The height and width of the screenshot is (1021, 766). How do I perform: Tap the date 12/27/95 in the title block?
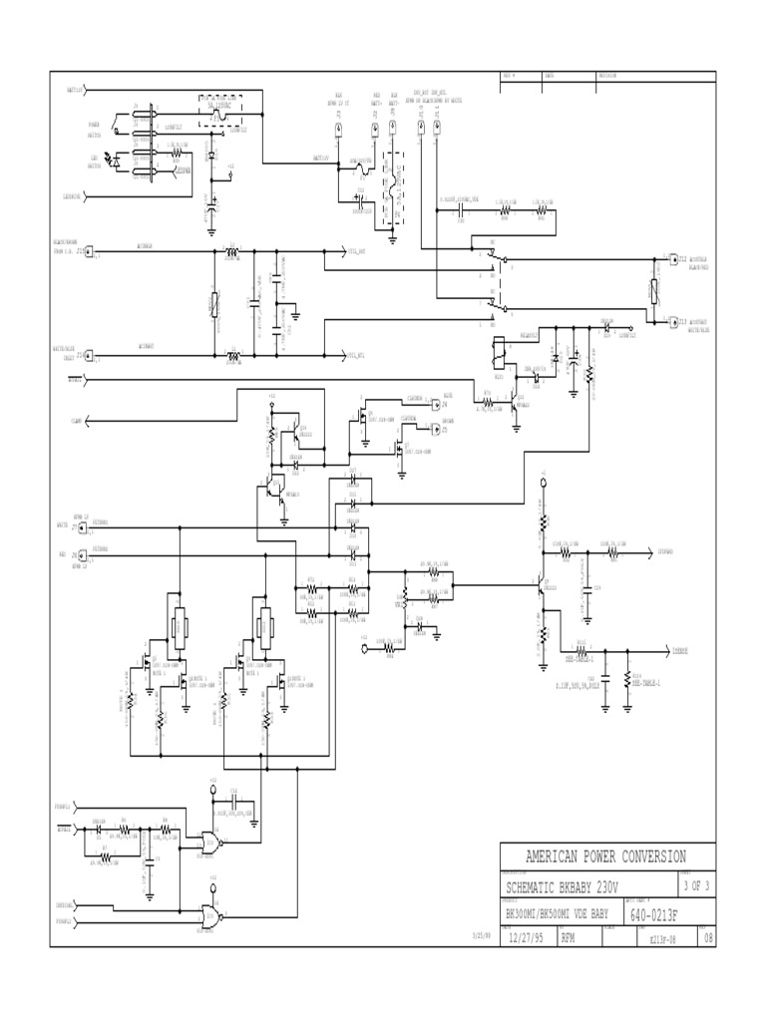click(527, 938)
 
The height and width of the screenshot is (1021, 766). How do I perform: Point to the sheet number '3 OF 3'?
click(695, 885)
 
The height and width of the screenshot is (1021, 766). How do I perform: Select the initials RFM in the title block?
click(568, 938)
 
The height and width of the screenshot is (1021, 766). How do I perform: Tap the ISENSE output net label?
click(679, 649)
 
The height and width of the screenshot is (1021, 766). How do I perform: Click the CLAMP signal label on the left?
click(76, 423)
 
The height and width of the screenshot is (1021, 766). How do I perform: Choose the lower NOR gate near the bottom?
click(209, 914)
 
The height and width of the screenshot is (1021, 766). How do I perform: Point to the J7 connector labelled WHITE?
click(89, 524)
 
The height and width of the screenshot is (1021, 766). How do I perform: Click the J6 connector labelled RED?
click(89, 554)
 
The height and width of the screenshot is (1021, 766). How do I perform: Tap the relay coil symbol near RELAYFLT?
click(497, 350)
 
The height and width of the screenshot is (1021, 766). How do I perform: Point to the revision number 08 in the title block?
click(708, 938)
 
